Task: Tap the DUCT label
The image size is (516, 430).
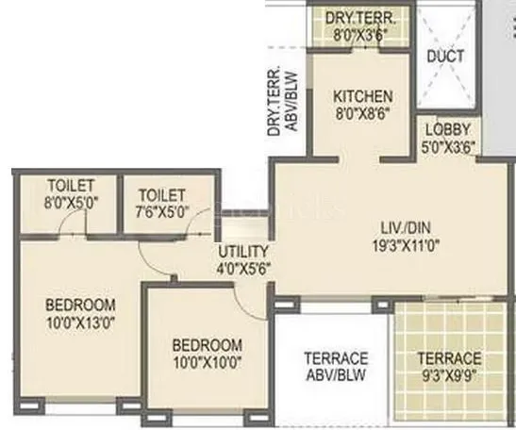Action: [x=444, y=56]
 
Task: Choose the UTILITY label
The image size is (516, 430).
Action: [x=243, y=252]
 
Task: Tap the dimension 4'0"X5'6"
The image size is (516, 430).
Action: [x=243, y=268]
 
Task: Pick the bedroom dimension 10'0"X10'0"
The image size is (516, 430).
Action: [x=207, y=362]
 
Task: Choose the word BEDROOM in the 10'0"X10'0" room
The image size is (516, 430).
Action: [x=207, y=345]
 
